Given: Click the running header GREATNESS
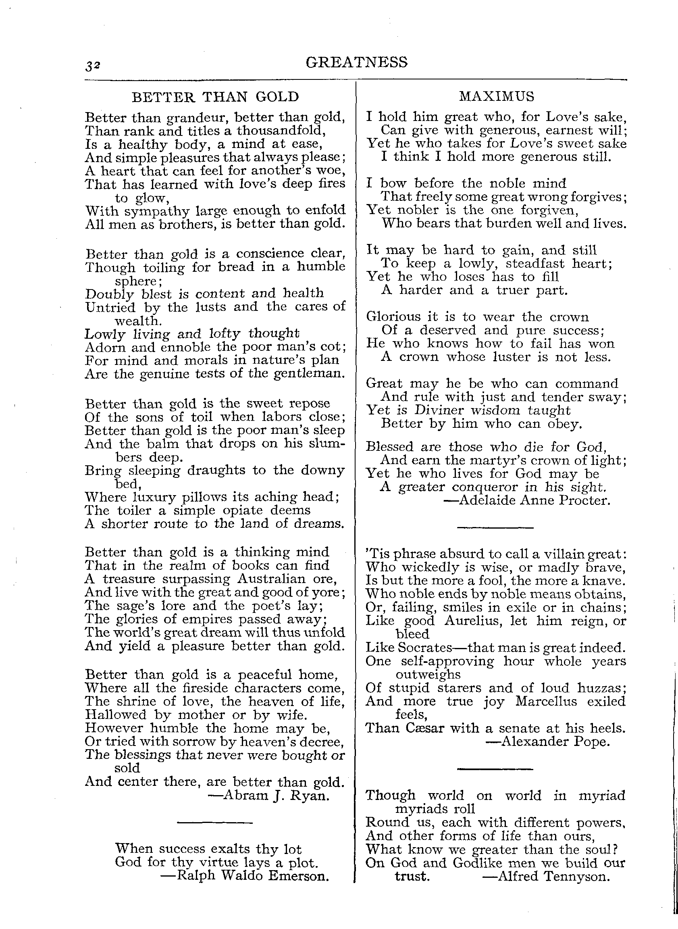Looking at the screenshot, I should pyautogui.click(x=357, y=62).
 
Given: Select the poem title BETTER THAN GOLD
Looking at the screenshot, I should pyautogui.click(x=215, y=97).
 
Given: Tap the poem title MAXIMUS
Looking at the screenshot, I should pyautogui.click(x=497, y=96).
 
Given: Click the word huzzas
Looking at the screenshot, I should pyautogui.click(x=601, y=687).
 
